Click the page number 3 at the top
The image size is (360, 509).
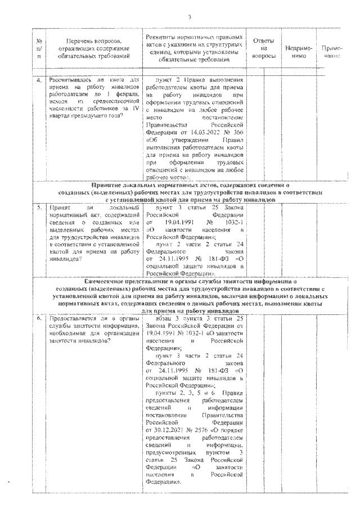pyautogui.click(x=190, y=16)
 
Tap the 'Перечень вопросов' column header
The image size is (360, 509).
pyautogui.click(x=93, y=49)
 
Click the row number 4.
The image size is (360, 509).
pyautogui.click(x=39, y=80)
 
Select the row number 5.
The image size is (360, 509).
pyautogui.click(x=39, y=208)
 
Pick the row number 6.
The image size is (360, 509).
pyautogui.click(x=39, y=318)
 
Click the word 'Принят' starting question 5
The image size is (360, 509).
pyautogui.click(x=60, y=208)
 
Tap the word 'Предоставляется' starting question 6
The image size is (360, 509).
pyautogui.click(x=71, y=318)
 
